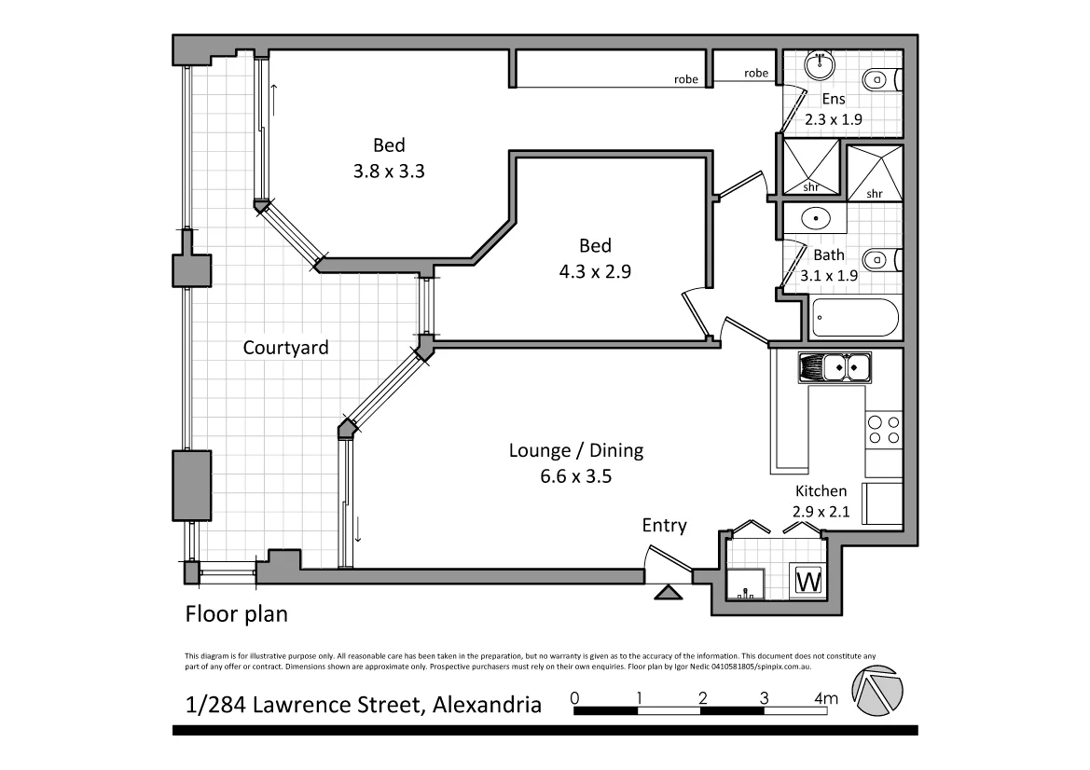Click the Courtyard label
tap(285, 348)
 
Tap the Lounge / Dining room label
tap(575, 451)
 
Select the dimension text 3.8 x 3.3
tap(389, 171)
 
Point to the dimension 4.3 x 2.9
tap(595, 272)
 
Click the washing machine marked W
tap(808, 582)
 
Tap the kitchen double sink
tap(835, 368)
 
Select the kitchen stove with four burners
tap(883, 430)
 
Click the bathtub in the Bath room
tap(855, 317)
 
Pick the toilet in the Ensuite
tap(879, 79)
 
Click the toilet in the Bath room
tap(879, 259)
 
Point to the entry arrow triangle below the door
tap(668, 592)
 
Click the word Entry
tap(664, 526)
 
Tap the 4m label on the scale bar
tap(825, 698)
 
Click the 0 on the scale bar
tap(574, 698)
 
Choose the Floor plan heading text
tap(236, 614)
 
